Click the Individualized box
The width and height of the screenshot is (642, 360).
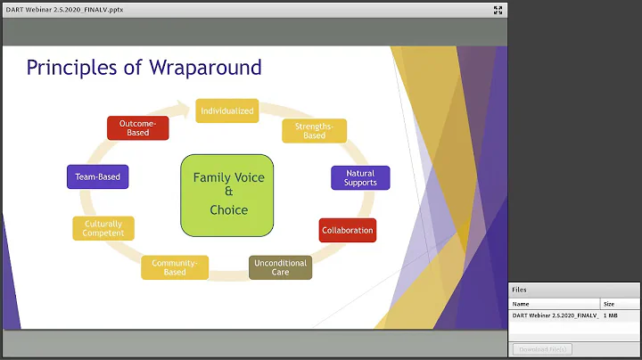(227, 110)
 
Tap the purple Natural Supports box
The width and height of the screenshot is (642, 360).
(359, 177)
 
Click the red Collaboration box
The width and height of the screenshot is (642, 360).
(347, 230)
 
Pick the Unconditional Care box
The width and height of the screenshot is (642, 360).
(280, 267)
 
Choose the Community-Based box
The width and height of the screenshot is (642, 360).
(175, 267)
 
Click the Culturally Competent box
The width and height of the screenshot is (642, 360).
(103, 228)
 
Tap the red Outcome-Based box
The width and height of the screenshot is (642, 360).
(137, 127)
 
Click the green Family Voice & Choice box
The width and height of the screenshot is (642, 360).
(228, 193)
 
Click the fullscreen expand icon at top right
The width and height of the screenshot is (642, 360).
(498, 11)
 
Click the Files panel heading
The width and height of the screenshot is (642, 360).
(519, 290)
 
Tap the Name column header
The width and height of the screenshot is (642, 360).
(521, 304)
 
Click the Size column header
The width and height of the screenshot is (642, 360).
(608, 304)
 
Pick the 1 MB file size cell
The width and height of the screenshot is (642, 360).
(611, 315)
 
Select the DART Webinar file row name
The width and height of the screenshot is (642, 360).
(555, 315)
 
